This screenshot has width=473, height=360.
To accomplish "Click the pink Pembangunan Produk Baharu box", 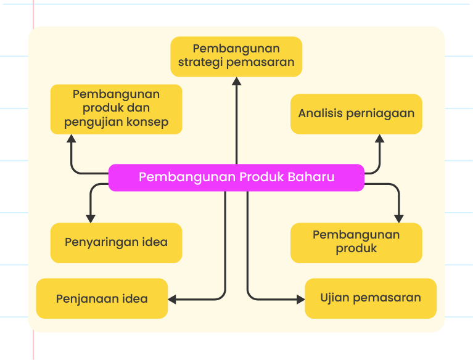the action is (x=236, y=178).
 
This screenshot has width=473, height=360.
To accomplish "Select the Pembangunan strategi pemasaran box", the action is (x=236, y=57).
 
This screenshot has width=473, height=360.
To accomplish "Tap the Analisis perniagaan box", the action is (x=356, y=114).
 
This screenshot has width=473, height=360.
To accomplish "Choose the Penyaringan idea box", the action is (x=116, y=243).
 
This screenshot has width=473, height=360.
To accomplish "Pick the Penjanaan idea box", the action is (x=102, y=298).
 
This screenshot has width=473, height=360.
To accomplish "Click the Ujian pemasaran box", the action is (x=371, y=298).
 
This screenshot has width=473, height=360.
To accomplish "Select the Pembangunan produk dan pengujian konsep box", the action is (x=116, y=109).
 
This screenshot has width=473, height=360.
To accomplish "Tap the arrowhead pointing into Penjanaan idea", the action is (x=172, y=300).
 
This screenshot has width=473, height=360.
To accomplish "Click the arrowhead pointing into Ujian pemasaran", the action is (x=301, y=300).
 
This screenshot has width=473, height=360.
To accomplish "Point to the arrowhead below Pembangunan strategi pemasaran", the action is (x=237, y=81).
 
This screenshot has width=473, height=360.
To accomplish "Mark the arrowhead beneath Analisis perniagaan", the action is (x=379, y=139).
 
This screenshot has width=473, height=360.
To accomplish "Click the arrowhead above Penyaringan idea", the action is (x=91, y=219).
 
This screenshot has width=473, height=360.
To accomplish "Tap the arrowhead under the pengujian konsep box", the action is (x=71, y=139).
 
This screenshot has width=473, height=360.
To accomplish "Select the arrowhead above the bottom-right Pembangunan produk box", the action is (x=399, y=219).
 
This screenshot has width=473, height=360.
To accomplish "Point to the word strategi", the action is (x=200, y=63).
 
